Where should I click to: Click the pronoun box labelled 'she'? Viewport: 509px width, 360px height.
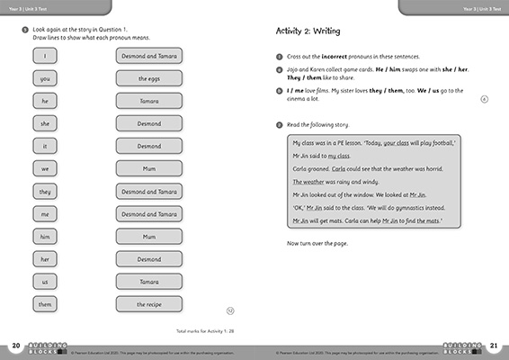point(44,123)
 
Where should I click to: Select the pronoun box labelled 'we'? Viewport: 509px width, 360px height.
point(44,168)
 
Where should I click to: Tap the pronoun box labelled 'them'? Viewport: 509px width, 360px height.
point(44,304)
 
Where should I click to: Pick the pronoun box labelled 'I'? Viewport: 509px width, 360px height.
point(44,56)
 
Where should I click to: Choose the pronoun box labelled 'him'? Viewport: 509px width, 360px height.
point(44,236)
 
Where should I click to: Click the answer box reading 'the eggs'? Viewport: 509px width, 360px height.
point(148,78)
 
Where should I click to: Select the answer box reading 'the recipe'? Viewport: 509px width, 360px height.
point(148,304)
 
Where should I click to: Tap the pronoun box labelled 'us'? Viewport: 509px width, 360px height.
point(44,282)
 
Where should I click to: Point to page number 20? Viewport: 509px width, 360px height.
point(16,346)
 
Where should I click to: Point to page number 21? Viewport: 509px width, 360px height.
point(493,346)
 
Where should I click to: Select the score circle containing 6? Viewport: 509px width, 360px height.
point(485,100)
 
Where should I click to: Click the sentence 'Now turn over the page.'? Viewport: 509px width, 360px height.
point(319,244)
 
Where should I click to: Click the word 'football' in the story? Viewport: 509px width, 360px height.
point(442,143)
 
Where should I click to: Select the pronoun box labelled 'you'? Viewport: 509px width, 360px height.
point(44,78)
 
